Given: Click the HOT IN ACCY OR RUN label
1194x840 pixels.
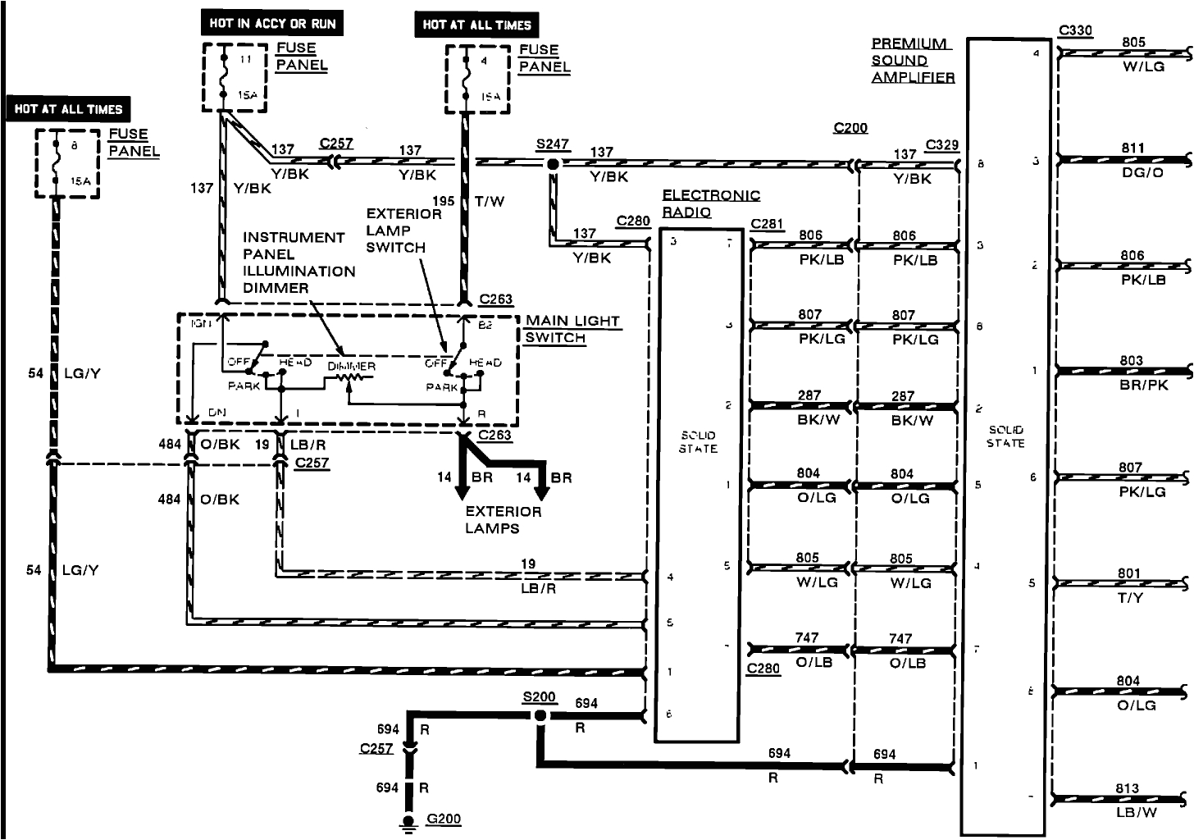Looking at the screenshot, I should tap(272, 24).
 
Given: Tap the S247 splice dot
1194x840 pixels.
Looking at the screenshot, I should tap(554, 164).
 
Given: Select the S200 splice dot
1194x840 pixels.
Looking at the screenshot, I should tap(540, 716).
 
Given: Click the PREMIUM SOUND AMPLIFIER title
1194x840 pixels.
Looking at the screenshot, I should tap(912, 61).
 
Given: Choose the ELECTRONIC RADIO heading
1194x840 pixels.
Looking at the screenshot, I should tap(710, 203).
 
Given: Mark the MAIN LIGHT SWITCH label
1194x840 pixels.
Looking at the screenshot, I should tap(572, 329).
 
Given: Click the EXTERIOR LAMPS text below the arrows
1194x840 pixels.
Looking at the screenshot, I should tap(503, 520).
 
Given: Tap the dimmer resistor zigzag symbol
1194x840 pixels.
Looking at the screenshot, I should tap(353, 378).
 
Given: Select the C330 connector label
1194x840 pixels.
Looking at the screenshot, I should tap(1075, 31).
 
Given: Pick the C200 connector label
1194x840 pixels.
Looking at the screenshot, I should tap(850, 128).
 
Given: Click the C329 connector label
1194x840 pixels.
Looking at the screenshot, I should tap(941, 145).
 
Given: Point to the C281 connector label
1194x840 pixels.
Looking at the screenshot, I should tap(767, 224).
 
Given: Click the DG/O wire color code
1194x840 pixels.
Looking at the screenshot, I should tap(1142, 173).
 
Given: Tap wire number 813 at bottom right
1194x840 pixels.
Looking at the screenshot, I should tap(1127, 788).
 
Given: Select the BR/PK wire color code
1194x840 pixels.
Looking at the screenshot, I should tap(1143, 385).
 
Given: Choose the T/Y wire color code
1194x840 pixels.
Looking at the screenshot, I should tap(1130, 598).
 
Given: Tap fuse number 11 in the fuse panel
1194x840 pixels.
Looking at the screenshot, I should tap(245, 60).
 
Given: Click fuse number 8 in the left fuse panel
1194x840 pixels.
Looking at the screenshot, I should tap(75, 146).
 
